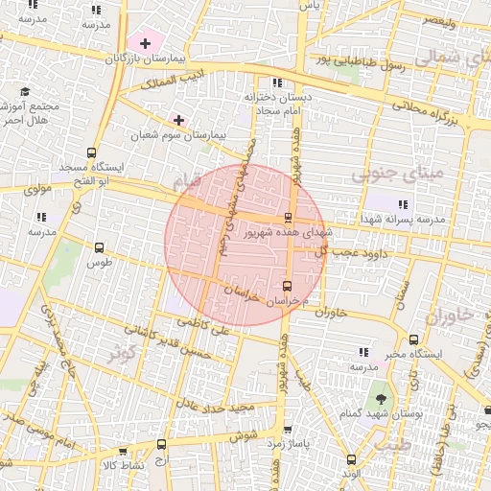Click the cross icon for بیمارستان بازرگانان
coord(145,43)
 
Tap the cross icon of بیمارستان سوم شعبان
coord(178,119)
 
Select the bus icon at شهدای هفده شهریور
coord(289,218)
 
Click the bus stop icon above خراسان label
coord(288,286)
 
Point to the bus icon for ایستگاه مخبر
coord(413,339)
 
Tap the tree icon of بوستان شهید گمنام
coord(383,396)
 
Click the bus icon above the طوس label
coord(100,246)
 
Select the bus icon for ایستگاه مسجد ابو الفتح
coord(92,152)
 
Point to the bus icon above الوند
coord(350,458)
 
